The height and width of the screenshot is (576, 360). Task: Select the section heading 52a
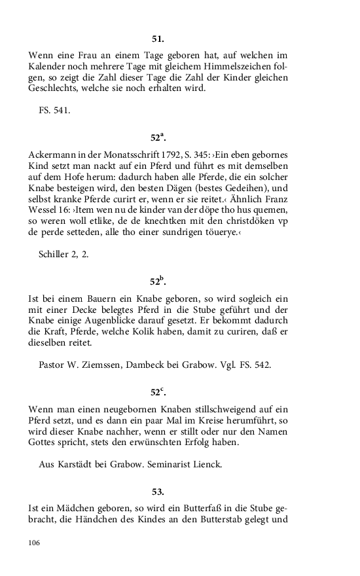[x=158, y=137]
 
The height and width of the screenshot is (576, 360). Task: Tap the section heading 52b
[x=158, y=281]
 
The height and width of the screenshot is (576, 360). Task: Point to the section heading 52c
[x=158, y=393]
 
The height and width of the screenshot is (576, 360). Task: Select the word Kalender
[x=50, y=67]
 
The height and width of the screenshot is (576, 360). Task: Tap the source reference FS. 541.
[x=54, y=110]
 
